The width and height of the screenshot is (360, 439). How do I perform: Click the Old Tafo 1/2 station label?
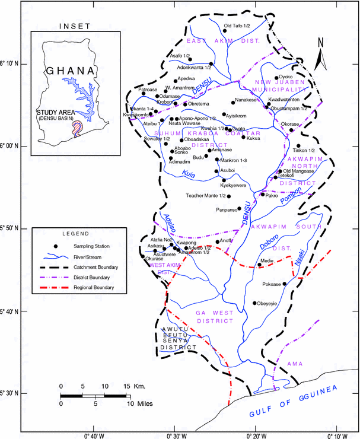coord(237,26)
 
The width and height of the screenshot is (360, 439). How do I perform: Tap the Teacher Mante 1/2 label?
coord(206,196)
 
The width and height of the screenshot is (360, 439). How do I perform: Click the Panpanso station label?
coord(226,209)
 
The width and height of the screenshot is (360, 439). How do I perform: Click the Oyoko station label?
coord(286,77)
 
